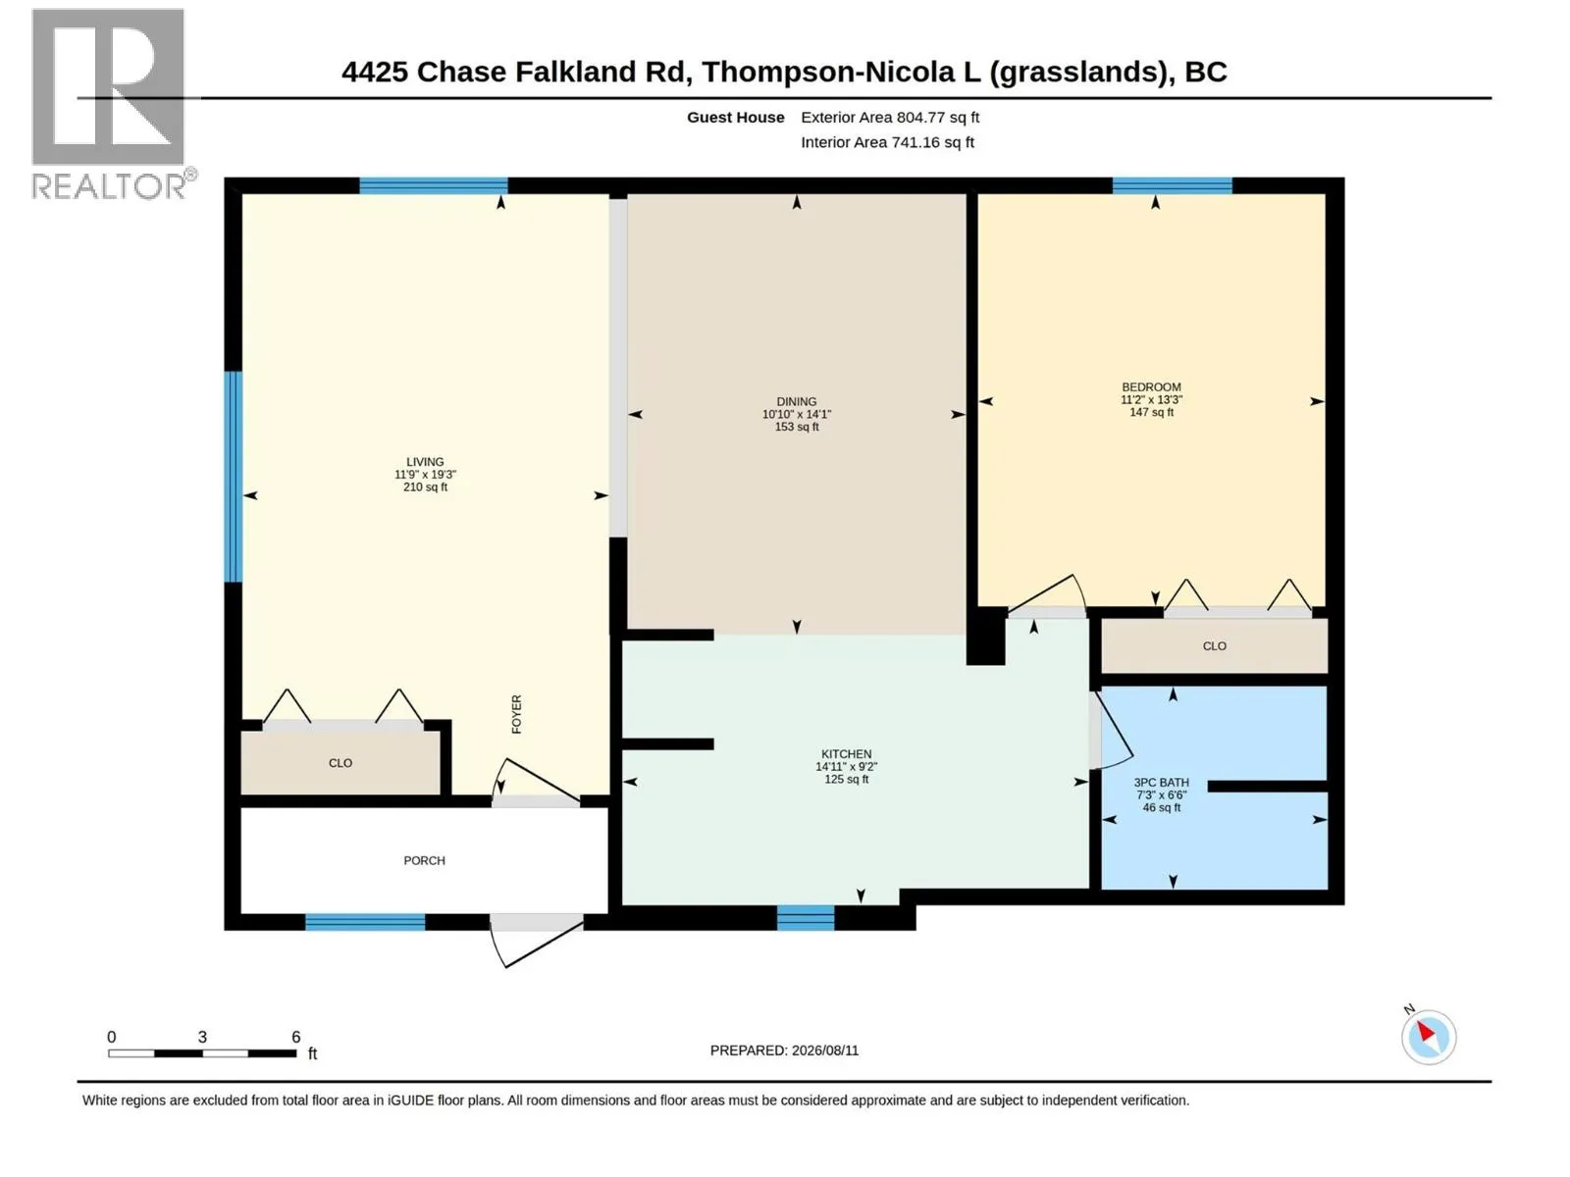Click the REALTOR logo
tap(111, 104)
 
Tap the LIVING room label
tap(425, 462)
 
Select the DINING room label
tap(796, 401)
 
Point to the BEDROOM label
tap(1151, 387)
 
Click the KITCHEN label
tap(846, 754)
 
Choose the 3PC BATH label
tap(1162, 783)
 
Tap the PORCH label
tap(424, 860)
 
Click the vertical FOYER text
tap(516, 714)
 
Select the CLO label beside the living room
tap(340, 763)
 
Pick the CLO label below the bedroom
tap(1215, 646)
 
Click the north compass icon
tap(1429, 1037)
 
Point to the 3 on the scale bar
tap(202, 1037)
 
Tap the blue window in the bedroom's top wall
tap(1172, 185)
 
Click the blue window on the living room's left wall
tap(234, 477)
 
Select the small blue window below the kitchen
tap(806, 918)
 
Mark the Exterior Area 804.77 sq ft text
tap(890, 117)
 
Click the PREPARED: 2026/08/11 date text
tap(784, 1050)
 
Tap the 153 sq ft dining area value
tap(796, 427)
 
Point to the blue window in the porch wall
tap(365, 922)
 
